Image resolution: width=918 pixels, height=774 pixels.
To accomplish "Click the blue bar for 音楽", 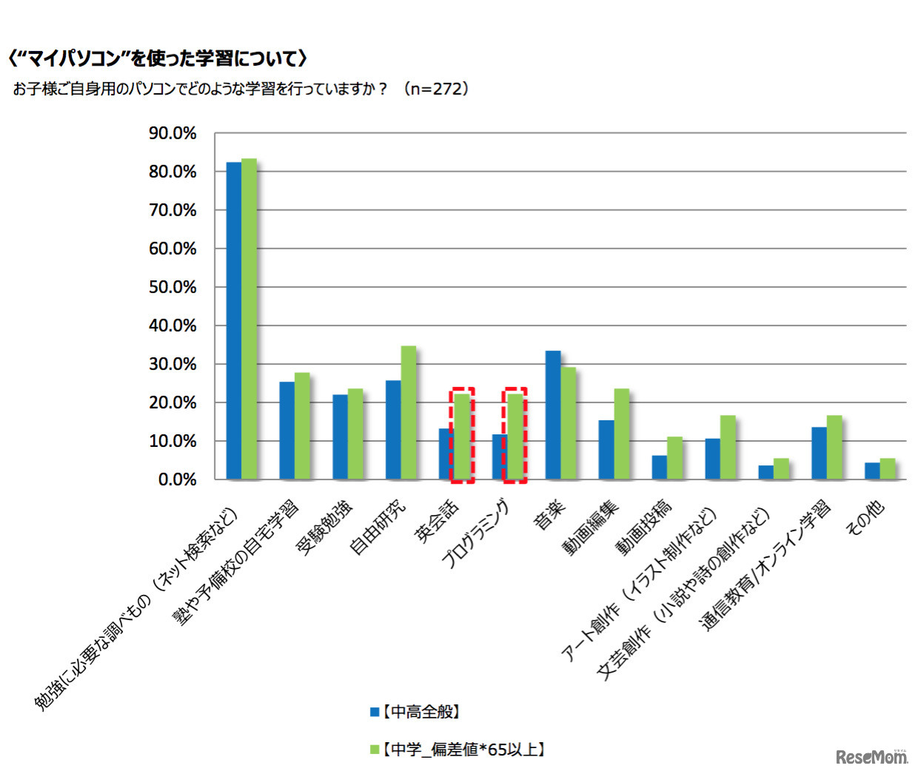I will [x=552, y=415].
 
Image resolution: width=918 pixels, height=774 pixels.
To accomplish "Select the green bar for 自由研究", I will [x=409, y=413].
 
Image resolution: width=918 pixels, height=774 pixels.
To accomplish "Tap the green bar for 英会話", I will [x=462, y=437].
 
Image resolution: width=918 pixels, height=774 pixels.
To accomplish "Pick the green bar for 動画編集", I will [x=621, y=434].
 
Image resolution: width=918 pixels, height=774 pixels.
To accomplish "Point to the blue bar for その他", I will [x=872, y=471].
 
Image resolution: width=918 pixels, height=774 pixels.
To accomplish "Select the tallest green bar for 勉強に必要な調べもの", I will [x=249, y=319].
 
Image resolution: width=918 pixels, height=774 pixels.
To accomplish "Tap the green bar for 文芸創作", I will [x=781, y=469].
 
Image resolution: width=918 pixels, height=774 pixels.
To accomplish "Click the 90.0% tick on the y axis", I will [x=172, y=133].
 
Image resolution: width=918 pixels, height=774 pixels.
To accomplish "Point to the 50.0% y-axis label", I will [x=172, y=287].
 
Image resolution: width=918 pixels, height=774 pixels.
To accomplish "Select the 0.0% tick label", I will [x=177, y=479].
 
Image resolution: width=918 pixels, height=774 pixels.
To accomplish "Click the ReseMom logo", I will [x=871, y=756].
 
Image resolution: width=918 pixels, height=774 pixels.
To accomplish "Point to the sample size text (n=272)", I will [x=436, y=89].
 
